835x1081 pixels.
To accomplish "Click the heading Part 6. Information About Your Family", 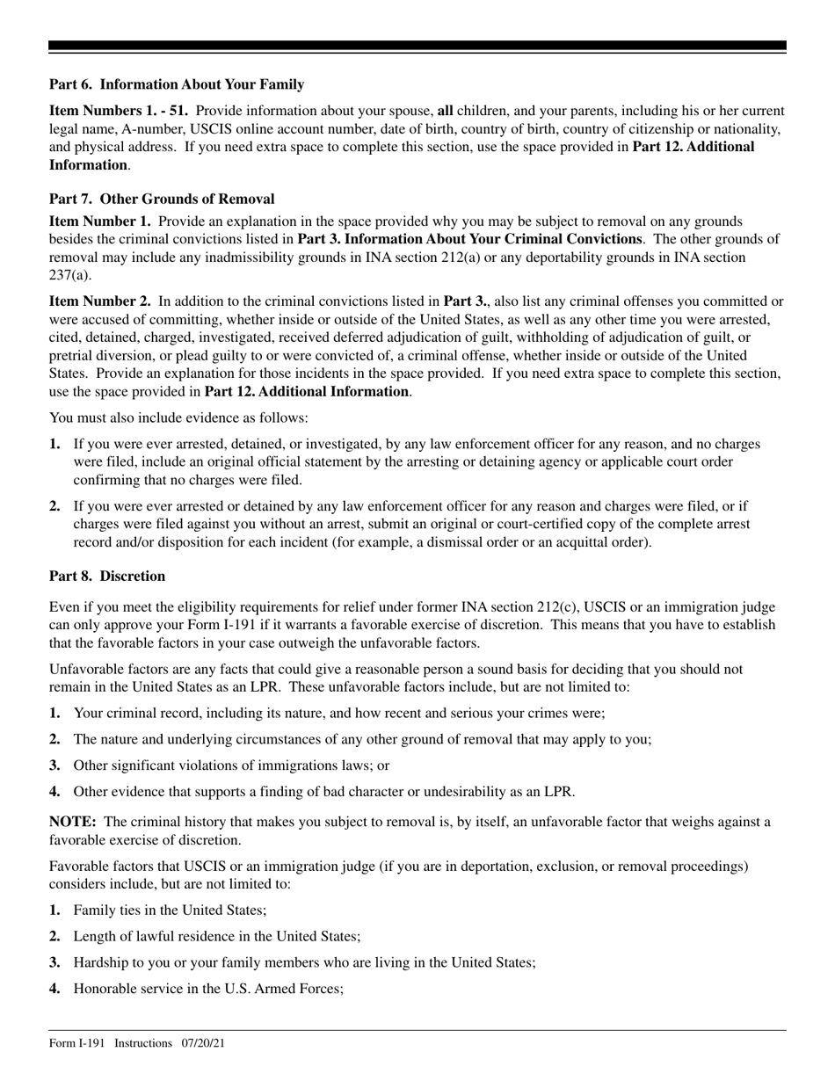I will tap(177, 84).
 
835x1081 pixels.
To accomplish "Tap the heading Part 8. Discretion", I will tap(107, 577).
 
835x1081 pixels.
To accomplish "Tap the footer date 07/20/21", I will tap(205, 1043).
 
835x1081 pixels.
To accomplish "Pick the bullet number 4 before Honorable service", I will tap(55, 989).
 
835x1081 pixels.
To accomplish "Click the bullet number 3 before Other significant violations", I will tap(55, 765).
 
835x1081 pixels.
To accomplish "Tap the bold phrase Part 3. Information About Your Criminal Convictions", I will tap(469, 239).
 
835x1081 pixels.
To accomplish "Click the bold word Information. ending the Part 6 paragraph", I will tap(89, 164).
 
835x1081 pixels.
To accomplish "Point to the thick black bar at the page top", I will tap(417, 46).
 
